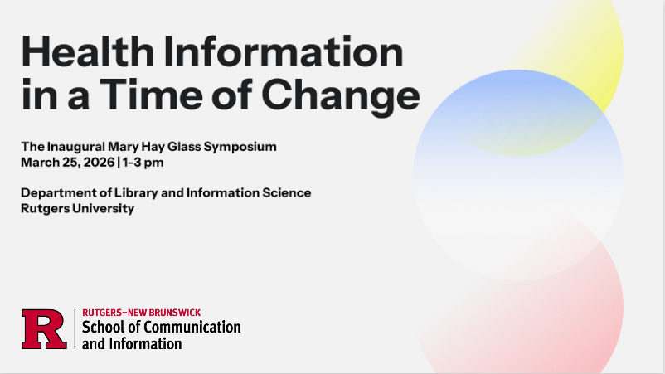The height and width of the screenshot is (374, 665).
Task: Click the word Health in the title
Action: pos(87,51)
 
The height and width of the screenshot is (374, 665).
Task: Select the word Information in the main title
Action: pos(284,51)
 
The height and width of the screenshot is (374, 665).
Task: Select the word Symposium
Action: pos(240,147)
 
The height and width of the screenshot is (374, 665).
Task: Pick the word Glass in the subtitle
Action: pos(184,146)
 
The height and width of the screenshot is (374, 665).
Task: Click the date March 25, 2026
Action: pos(68,163)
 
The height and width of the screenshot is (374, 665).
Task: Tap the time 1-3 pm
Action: pos(143,163)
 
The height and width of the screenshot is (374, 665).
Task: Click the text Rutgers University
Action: pos(78,209)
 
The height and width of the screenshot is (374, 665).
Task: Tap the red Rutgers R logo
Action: pos(44,329)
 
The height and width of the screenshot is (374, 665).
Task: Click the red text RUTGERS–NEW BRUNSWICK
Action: pos(142,313)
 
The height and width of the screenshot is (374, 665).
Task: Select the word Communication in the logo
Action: pos(192,327)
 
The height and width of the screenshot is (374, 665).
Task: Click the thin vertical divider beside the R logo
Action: pos(75,329)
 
